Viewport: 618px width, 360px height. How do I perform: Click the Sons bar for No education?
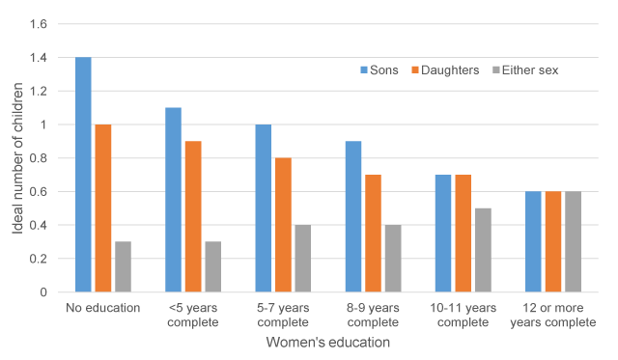click(x=83, y=175)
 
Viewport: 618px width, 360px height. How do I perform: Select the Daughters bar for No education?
click(x=103, y=208)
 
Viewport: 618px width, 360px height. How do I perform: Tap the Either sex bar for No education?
click(x=123, y=266)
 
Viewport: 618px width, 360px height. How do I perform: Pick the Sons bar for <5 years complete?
click(x=173, y=200)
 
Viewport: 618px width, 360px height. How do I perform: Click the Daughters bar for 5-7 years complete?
click(x=283, y=225)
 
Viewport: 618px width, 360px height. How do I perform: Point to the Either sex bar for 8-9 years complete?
click(x=393, y=258)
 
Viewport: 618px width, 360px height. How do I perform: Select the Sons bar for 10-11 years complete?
click(x=443, y=233)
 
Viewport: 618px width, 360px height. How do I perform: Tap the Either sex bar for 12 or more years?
click(x=574, y=241)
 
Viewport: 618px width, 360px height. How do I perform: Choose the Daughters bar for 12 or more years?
click(x=553, y=241)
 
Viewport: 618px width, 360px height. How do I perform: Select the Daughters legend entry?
click(x=444, y=69)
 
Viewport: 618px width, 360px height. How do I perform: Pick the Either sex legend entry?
click(x=524, y=69)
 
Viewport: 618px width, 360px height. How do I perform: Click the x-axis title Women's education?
click(x=328, y=342)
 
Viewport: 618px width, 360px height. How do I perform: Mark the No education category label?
click(x=103, y=308)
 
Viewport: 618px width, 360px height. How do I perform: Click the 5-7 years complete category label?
click(x=283, y=315)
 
